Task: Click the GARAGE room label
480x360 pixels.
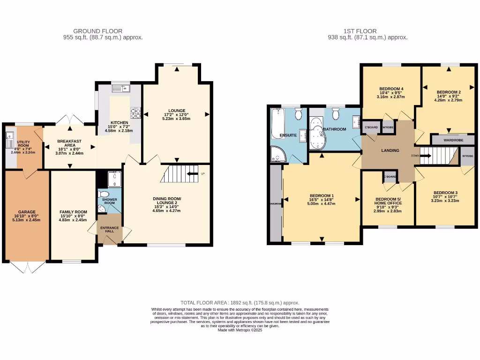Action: point(26,212)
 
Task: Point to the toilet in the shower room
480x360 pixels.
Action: point(104,194)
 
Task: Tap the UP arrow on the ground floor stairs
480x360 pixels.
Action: point(192,174)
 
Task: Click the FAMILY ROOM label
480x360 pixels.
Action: point(73,212)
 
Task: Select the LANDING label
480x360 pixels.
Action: point(390,150)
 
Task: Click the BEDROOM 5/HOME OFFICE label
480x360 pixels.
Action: point(388,201)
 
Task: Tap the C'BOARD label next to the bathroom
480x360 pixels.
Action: point(371,127)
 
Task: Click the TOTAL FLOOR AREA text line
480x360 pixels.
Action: point(240,303)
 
